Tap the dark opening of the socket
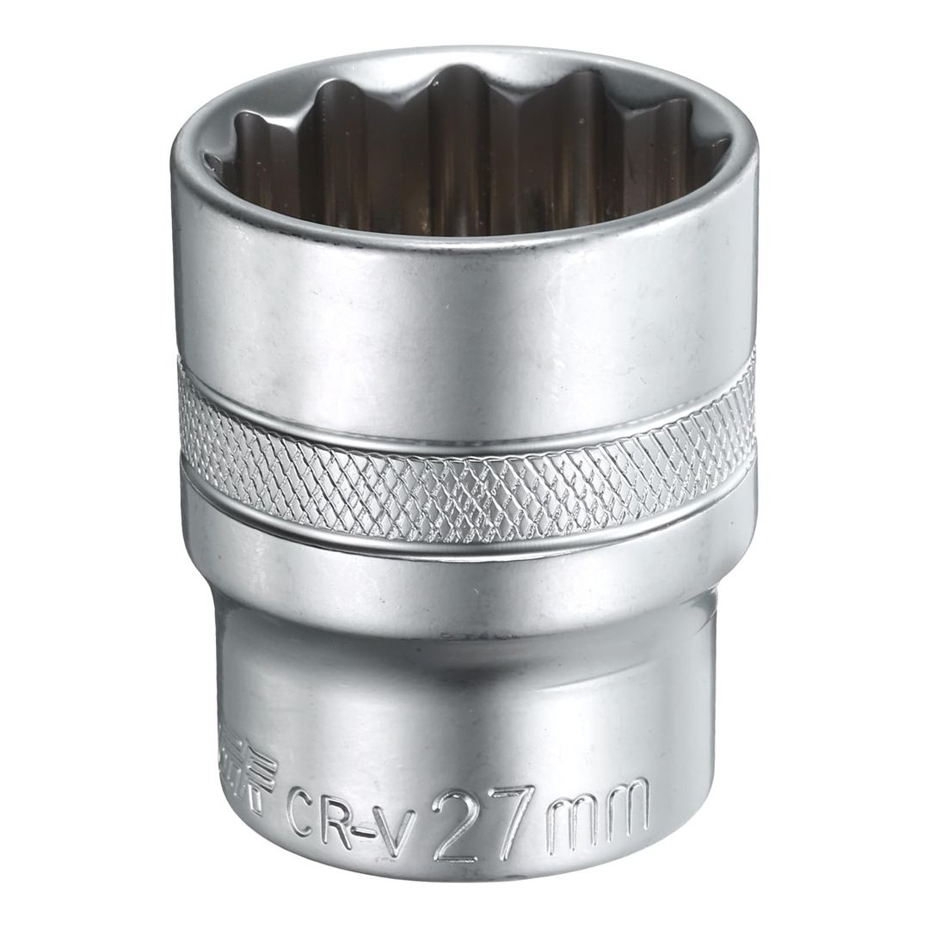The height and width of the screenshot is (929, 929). pyautogui.click(x=464, y=163)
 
